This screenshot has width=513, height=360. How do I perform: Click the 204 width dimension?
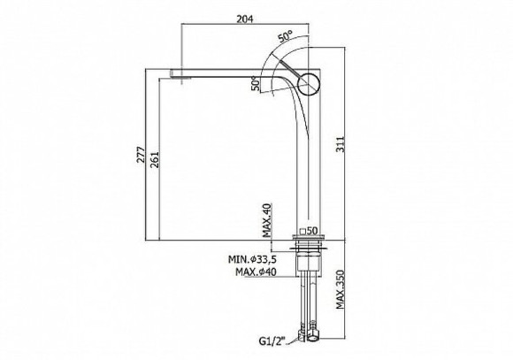pyautogui.click(x=245, y=19)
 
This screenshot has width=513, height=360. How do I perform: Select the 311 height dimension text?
pyautogui.click(x=341, y=144)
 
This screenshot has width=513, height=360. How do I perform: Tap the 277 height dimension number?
pyautogui.click(x=141, y=155)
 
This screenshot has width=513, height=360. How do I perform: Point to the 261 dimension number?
pyautogui.click(x=154, y=159)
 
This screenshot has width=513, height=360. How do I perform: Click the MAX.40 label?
pyautogui.click(x=267, y=220)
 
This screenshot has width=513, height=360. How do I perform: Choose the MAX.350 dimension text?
pyautogui.click(x=341, y=289)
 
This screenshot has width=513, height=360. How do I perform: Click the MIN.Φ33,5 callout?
pyautogui.click(x=252, y=259)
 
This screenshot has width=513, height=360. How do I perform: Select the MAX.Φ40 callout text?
pyautogui.click(x=256, y=272)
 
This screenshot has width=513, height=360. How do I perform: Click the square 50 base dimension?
pyautogui.click(x=309, y=231)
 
